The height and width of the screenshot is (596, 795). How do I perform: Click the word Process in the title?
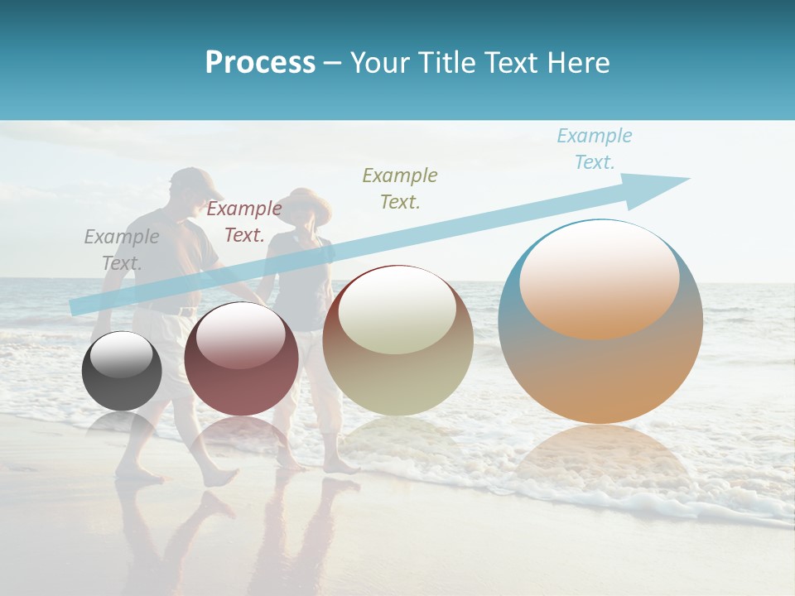pos(260,63)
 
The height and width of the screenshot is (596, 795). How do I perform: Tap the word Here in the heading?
pos(580,63)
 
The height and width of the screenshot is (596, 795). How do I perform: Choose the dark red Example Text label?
pos(244,222)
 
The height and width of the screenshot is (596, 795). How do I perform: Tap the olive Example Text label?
pos(400,188)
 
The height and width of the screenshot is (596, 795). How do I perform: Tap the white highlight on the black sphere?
pos(122,354)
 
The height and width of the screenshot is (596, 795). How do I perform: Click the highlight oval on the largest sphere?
pos(600,277)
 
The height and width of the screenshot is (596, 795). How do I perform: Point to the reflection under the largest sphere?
pos(600,464)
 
